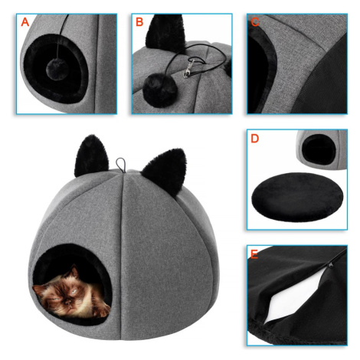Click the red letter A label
(25, 22)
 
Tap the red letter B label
(139, 22)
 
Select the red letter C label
(255, 22)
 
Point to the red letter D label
(255, 139)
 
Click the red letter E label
(254, 254)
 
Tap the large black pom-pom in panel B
(160, 90)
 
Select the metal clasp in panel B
(188, 68)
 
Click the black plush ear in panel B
(165, 32)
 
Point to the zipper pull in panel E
(330, 266)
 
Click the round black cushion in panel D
(297, 196)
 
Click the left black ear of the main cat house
(91, 155)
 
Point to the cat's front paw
(103, 311)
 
